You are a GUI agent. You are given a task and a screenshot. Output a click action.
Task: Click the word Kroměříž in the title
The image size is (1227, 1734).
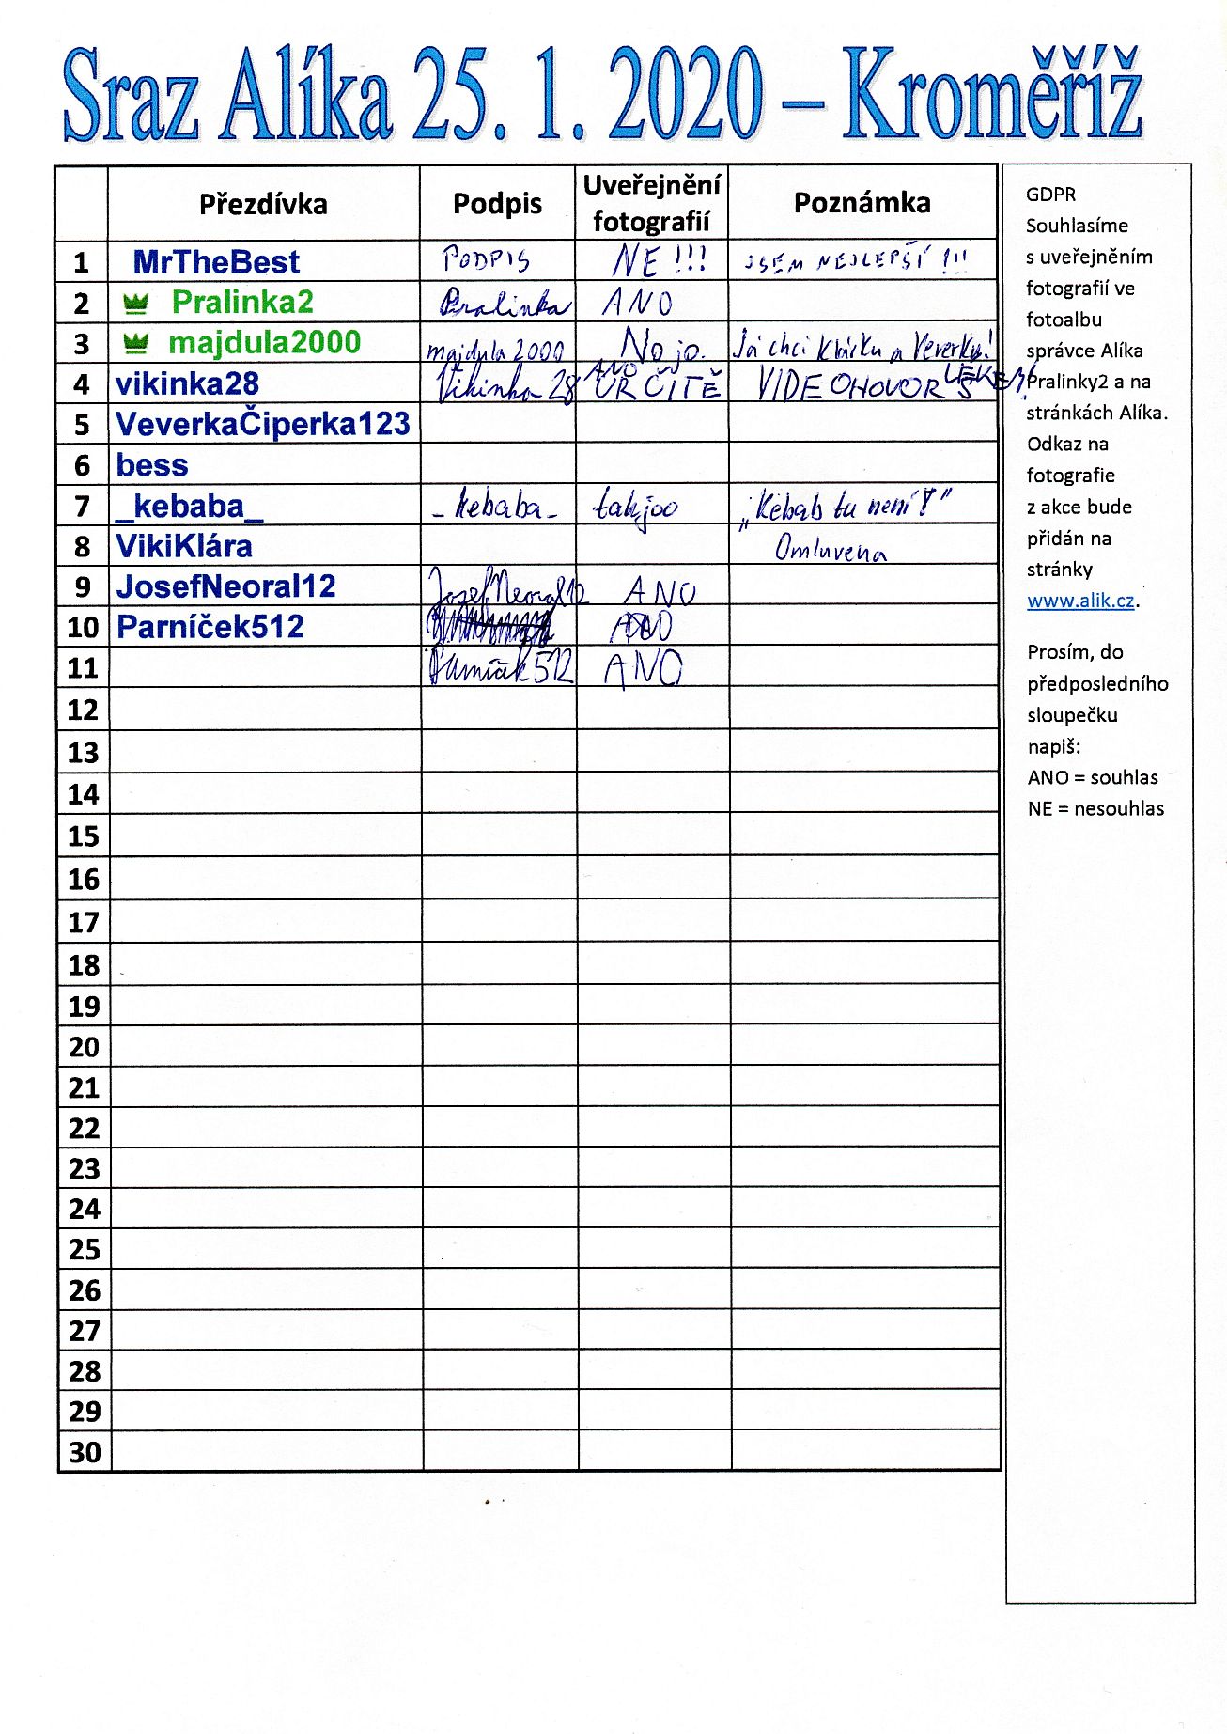pyautogui.click(x=991, y=94)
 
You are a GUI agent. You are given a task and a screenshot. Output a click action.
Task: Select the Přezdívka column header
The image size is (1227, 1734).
pyautogui.click(x=263, y=204)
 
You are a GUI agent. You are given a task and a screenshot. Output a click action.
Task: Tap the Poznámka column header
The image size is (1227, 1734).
pyautogui.click(x=862, y=203)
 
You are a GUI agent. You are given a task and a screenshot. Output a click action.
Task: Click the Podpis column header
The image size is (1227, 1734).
pyautogui.click(x=497, y=204)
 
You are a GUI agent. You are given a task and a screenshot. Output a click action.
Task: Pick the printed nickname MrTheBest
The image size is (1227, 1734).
pyautogui.click(x=216, y=261)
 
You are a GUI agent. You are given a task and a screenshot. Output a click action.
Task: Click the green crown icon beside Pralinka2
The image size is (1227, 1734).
pyautogui.click(x=136, y=303)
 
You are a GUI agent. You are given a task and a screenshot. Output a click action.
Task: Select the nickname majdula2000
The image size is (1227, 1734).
pyautogui.click(x=264, y=342)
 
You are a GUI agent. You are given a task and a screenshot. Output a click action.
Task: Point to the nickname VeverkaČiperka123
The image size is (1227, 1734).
pyautogui.click(x=263, y=424)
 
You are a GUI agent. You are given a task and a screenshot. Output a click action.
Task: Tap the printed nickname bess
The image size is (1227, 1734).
pyautogui.click(x=152, y=465)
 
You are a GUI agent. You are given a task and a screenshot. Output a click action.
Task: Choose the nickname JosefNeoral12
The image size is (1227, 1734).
pyautogui.click(x=225, y=586)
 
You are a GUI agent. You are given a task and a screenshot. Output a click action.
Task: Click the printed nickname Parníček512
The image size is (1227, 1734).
pyautogui.click(x=210, y=627)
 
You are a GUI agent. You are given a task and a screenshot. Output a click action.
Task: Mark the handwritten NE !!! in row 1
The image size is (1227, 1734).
pyautogui.click(x=659, y=260)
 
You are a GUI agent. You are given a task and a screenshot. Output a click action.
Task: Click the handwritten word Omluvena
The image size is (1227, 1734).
pyautogui.click(x=830, y=550)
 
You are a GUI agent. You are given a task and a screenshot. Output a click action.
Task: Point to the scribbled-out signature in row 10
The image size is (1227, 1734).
pyautogui.click(x=489, y=625)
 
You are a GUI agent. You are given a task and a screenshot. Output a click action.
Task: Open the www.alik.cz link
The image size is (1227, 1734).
pyautogui.click(x=1080, y=601)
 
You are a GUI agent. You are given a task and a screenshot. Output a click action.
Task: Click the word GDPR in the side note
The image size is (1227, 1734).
pyautogui.click(x=1050, y=195)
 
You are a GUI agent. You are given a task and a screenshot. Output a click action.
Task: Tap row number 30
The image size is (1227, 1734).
pyautogui.click(x=85, y=1452)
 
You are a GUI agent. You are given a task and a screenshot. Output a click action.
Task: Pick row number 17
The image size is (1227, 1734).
pyautogui.click(x=84, y=923)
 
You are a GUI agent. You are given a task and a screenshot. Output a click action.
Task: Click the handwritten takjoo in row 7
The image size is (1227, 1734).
pyautogui.click(x=635, y=508)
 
